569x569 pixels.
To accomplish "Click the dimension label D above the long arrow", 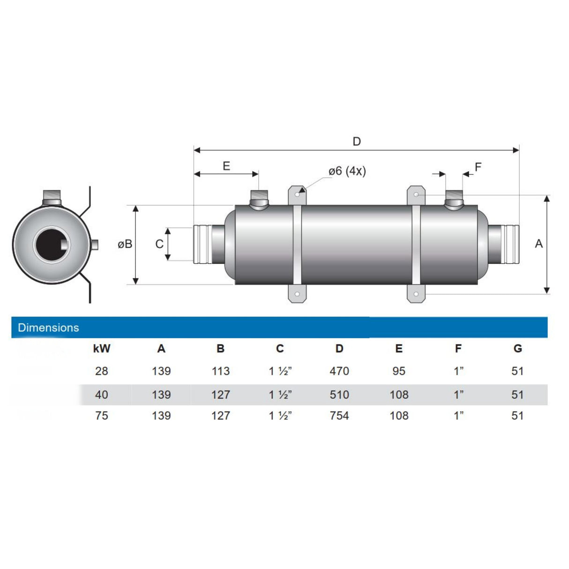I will coord(357,142).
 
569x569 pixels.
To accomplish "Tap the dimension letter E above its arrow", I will coord(226,166).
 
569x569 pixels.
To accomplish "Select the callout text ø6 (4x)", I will coord(347,172).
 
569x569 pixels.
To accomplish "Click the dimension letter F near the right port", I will coord(478,167).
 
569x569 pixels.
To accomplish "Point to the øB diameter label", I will coord(125,244).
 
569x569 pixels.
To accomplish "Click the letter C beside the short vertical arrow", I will coord(159,244).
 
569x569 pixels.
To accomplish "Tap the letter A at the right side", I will coord(539,244).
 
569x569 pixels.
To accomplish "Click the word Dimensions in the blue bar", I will coord(48,328).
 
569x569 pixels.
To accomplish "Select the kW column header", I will coord(102,349).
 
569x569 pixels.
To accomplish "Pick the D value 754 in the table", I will coord(339,416).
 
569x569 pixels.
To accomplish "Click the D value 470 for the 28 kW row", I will coord(339,371).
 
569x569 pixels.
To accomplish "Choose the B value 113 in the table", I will coord(220,371).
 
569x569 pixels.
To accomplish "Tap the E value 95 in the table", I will coord(399,371).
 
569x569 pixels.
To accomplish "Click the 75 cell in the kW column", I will coord(102,416).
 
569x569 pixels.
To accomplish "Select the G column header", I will coord(517,349).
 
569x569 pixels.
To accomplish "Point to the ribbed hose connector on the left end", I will coord(202,244).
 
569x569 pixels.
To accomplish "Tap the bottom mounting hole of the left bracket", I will coord(297,294).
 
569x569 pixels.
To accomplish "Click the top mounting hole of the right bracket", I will coord(416,194).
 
